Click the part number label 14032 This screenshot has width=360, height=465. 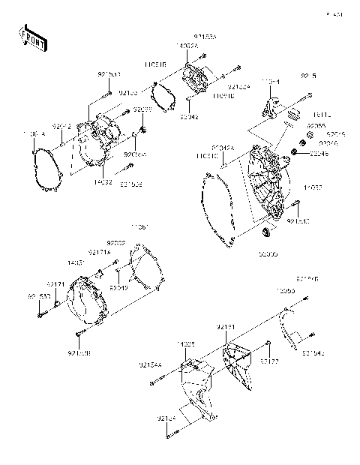click(x=103, y=181)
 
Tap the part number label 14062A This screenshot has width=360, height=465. click(x=187, y=46)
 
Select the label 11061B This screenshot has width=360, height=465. click(x=155, y=64)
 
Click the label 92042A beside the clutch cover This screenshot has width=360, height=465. click(x=222, y=148)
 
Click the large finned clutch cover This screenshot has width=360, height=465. click(x=267, y=181)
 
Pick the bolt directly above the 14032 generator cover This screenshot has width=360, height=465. click(x=109, y=93)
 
